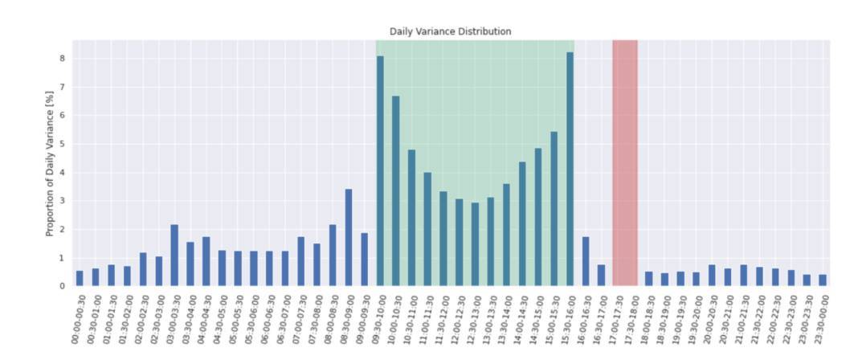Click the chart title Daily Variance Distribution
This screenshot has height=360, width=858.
coord(450,31)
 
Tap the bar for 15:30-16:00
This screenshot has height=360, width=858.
coord(570,169)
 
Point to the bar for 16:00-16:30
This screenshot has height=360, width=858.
coord(586,261)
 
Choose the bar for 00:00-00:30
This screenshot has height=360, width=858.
coord(80,278)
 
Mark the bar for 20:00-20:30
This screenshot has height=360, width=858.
coord(712,275)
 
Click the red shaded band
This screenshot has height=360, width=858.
coord(625,161)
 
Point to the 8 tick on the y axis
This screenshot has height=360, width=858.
coord(61,59)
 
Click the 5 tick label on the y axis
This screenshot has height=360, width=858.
coord(61,145)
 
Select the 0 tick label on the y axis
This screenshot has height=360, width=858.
coord(61,286)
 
